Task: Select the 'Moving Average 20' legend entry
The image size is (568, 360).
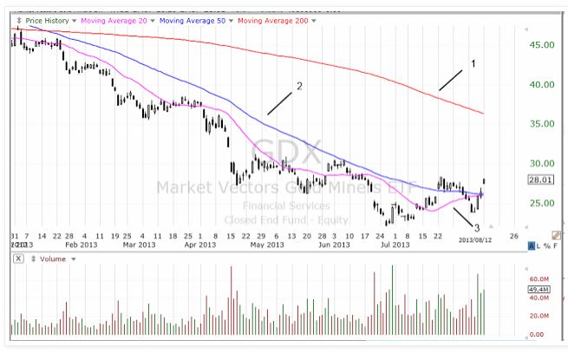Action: [x=114, y=19]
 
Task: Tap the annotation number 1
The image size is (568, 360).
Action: [x=473, y=63]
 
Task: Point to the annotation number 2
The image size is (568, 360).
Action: [x=298, y=86]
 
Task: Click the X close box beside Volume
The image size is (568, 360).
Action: [x=18, y=258]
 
